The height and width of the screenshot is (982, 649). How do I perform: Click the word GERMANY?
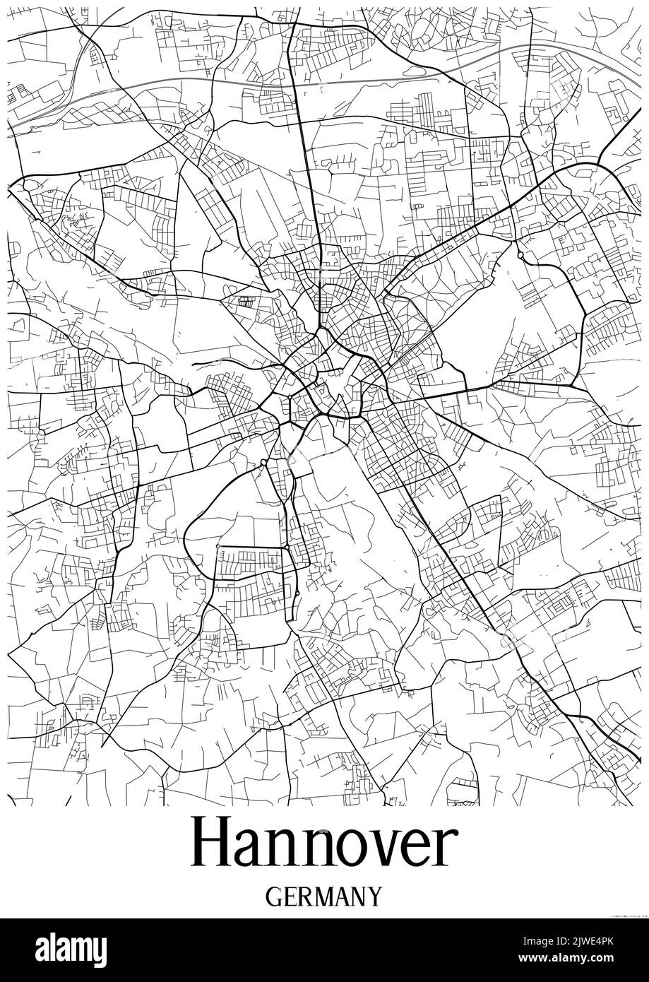pyautogui.click(x=324, y=897)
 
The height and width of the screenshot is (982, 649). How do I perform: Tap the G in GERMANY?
pyautogui.click(x=275, y=897)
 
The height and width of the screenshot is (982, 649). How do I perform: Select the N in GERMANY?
pyautogui.click(x=359, y=897)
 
